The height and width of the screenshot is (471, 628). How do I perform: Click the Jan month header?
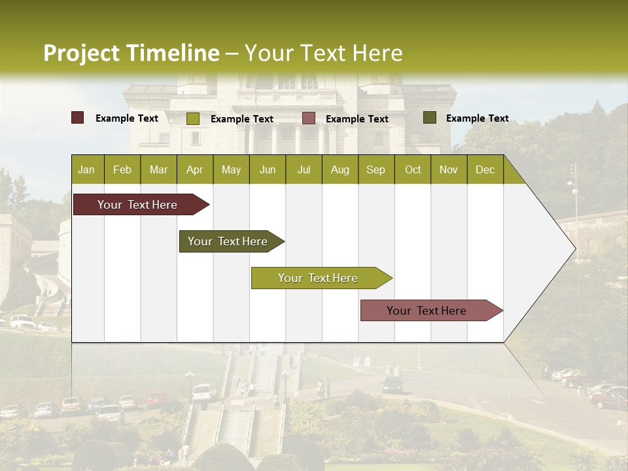pos(86,169)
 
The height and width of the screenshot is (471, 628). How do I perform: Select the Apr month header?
pos(194,169)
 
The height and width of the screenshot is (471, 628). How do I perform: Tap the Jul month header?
pos(304,169)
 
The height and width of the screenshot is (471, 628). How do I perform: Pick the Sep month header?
pos(375,169)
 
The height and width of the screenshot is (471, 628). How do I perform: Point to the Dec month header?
pos(485,169)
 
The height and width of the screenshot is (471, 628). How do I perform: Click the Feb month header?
pos(122,169)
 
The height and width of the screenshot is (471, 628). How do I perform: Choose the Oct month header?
pos(413,169)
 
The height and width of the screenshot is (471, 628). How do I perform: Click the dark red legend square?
pos(78,118)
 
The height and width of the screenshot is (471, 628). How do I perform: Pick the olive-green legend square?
pos(192,118)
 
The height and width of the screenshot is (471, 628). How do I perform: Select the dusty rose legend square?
pos(309,118)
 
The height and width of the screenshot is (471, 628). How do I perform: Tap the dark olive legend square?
pos(429,118)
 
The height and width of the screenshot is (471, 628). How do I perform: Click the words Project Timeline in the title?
pos(131,53)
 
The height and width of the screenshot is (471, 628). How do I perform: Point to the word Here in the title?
pos(377,53)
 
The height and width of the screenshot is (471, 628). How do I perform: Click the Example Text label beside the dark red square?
pos(127,118)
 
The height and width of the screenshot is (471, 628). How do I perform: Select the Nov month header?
pos(449,169)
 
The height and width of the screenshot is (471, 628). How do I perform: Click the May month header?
pos(231,169)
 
